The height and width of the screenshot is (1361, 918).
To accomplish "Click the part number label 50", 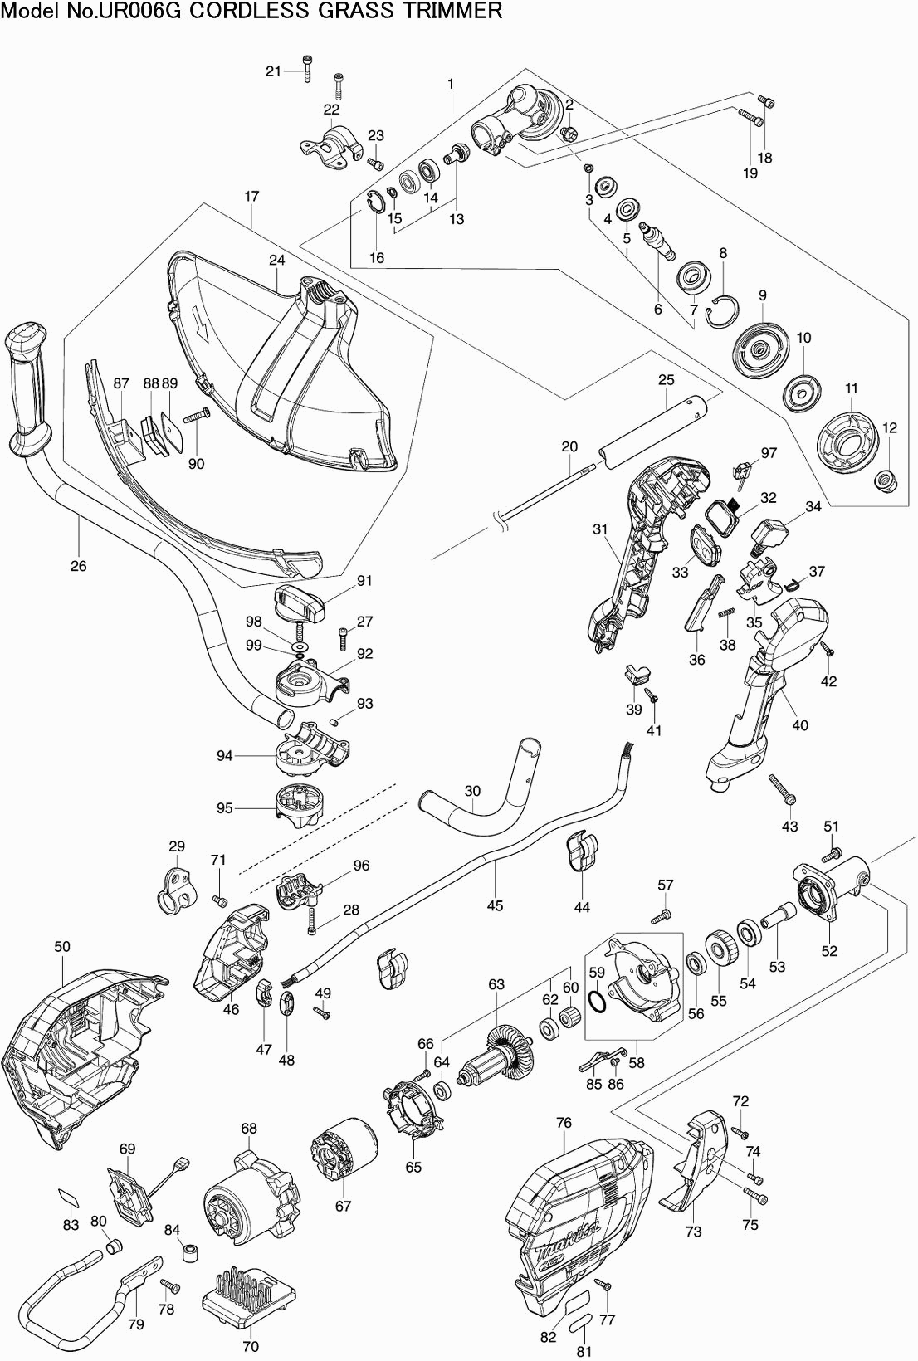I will pos(62,946).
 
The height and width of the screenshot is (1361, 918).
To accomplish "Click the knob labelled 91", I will pos(300,601).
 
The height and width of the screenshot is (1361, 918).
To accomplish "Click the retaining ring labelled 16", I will pos(376,202).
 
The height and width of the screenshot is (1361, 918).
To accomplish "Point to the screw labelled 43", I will pos(782,789).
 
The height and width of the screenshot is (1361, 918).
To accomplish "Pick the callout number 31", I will pos(600,529).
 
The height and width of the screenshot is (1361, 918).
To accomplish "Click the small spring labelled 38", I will pos(725,612).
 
